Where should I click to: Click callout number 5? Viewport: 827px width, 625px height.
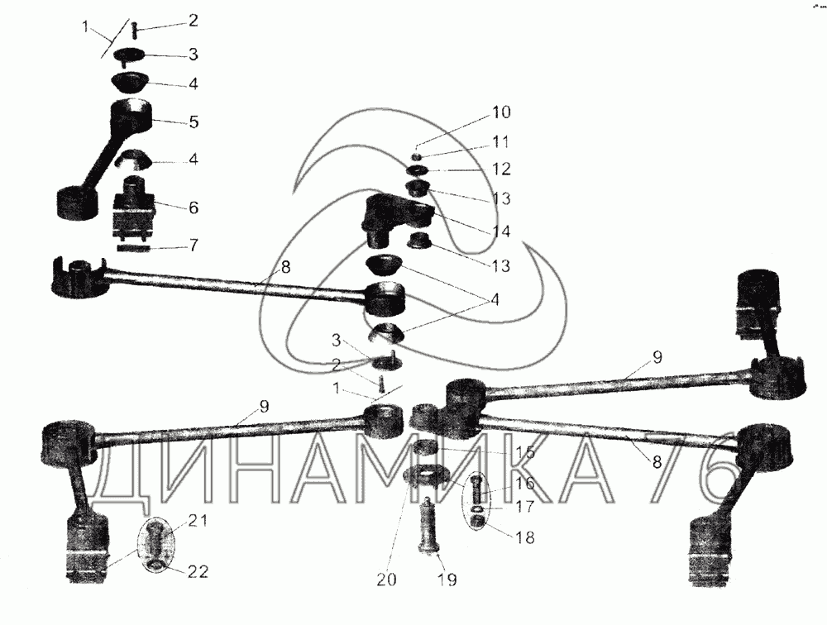pos(193,122)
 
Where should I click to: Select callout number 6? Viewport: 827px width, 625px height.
pos(193,207)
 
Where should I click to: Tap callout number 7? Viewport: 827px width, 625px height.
pos(193,246)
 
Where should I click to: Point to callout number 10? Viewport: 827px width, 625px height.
pos(501,112)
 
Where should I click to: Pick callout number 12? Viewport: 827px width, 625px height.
pos(501,169)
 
